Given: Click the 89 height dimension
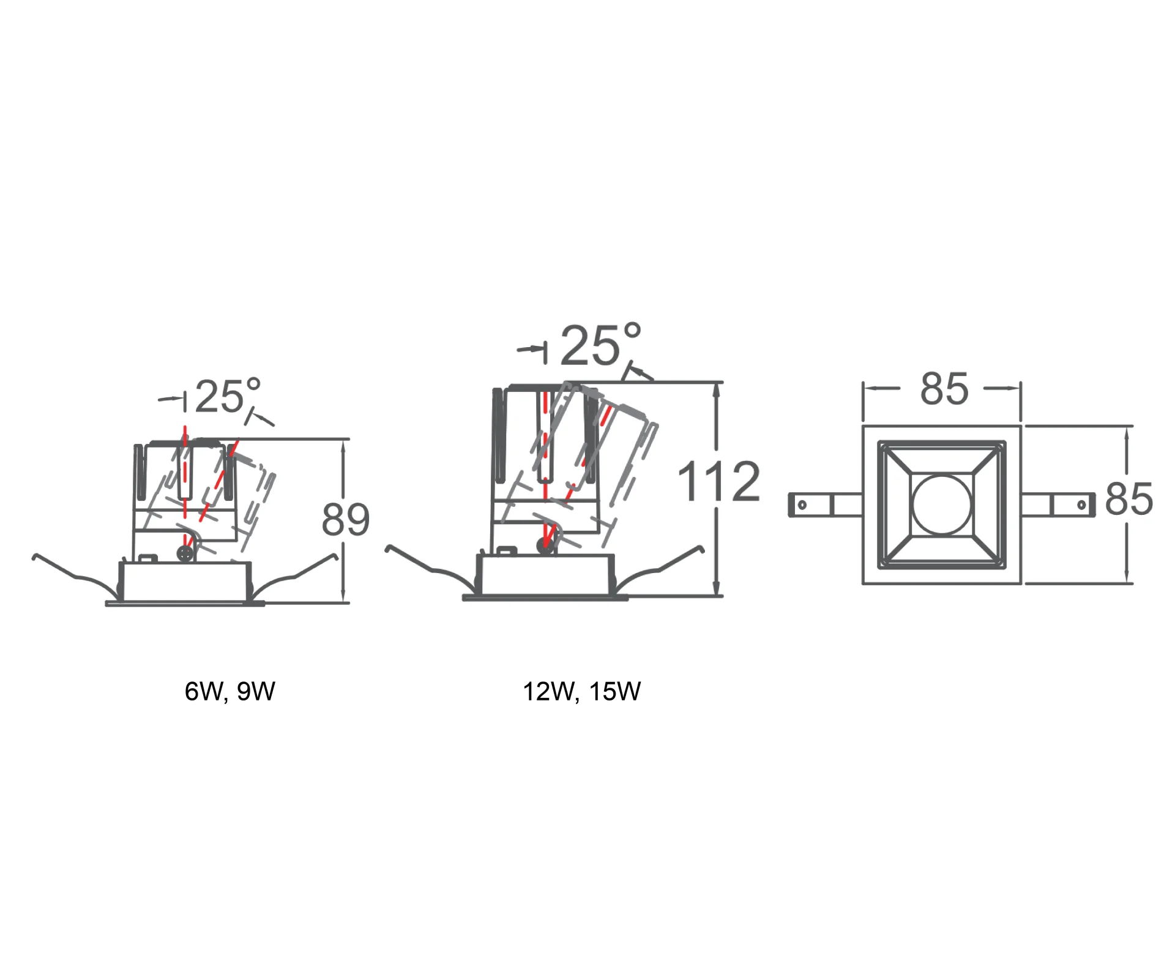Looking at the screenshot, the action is (346, 520).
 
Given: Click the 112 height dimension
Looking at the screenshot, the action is (720, 481).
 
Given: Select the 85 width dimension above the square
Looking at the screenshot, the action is (944, 389).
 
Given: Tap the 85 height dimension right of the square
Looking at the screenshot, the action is (1129, 499).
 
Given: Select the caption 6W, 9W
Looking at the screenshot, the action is (230, 691).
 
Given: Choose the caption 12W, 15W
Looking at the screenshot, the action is (581, 691).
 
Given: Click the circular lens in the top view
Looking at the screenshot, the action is (941, 504).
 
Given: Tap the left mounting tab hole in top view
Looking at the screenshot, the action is (802, 505).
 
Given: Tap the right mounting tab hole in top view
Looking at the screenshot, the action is (1081, 505).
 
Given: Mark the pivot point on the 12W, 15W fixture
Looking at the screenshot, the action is (545, 546).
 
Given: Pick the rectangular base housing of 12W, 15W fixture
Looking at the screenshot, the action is (545, 574).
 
